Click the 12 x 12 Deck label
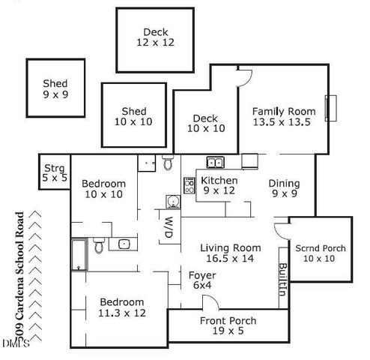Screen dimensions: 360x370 pyautogui.click(x=156, y=37)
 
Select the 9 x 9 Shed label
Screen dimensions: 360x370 pyautogui.click(x=55, y=89)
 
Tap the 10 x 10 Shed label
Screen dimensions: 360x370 pyautogui.click(x=134, y=116)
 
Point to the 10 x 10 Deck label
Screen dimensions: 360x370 pyautogui.click(x=204, y=123)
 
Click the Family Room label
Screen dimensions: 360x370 pyautogui.click(x=283, y=117)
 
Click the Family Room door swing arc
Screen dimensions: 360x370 pyautogui.click(x=243, y=74)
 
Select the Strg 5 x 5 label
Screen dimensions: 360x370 pyautogui.click(x=54, y=172)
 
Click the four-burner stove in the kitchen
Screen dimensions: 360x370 pyautogui.click(x=189, y=184)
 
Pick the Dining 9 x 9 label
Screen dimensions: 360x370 pyautogui.click(x=284, y=189)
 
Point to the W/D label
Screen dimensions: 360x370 pyautogui.click(x=169, y=229)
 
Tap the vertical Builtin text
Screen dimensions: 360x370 pyautogui.click(x=282, y=281)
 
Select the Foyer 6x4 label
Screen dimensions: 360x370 pyautogui.click(x=201, y=280)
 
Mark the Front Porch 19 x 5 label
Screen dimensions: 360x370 pyautogui.click(x=228, y=326)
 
